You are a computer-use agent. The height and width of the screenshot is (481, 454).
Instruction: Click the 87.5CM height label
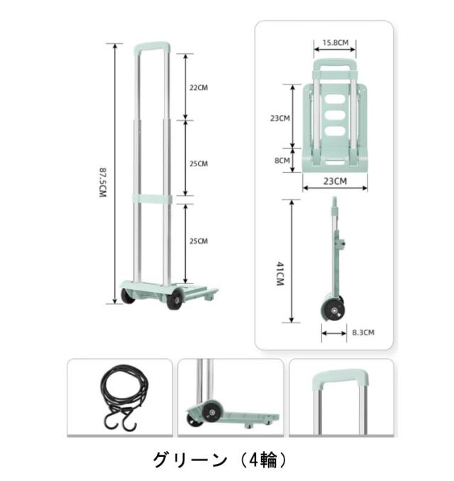[x=103, y=183]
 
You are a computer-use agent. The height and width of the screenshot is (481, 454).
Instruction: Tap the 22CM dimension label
[x=199, y=87]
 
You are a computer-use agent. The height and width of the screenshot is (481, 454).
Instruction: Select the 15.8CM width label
[x=335, y=43]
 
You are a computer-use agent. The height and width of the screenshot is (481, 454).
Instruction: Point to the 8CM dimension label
[x=282, y=161]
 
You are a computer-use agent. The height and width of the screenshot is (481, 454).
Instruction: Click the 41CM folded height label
[x=280, y=274]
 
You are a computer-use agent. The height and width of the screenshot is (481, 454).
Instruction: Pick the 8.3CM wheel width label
[x=363, y=333]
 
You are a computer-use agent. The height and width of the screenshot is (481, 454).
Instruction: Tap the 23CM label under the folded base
[x=335, y=181]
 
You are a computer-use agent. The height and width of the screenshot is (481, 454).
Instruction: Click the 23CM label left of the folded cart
[x=280, y=118]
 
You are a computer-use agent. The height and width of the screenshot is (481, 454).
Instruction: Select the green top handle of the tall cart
[x=153, y=47]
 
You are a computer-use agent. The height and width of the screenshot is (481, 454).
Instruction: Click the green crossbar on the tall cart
[x=152, y=200]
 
